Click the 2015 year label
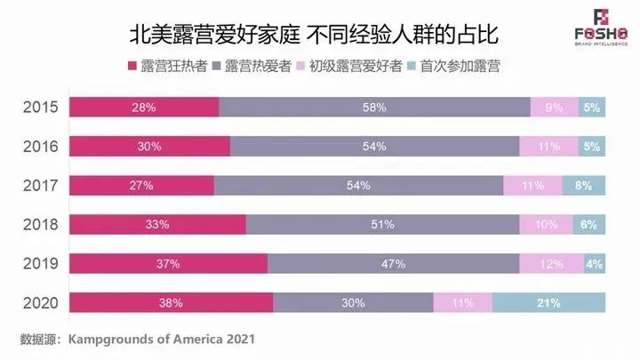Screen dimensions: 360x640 click(x=40, y=107)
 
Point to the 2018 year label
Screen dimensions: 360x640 click(x=40, y=224)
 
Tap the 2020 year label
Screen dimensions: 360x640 click(x=40, y=302)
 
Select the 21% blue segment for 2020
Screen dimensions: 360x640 click(x=548, y=303)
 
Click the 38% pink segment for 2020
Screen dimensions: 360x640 click(x=170, y=303)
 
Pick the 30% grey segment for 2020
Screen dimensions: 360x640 click(x=353, y=303)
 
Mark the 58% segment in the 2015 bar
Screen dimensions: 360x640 click(x=374, y=108)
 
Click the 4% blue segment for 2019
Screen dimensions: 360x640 click(x=594, y=264)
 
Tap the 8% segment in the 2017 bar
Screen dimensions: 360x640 click(x=583, y=186)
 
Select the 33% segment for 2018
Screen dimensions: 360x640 click(x=156, y=225)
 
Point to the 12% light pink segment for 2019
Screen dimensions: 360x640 click(x=551, y=264)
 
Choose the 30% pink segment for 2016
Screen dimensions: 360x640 click(x=148, y=147)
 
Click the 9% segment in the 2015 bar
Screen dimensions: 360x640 click(x=554, y=108)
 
